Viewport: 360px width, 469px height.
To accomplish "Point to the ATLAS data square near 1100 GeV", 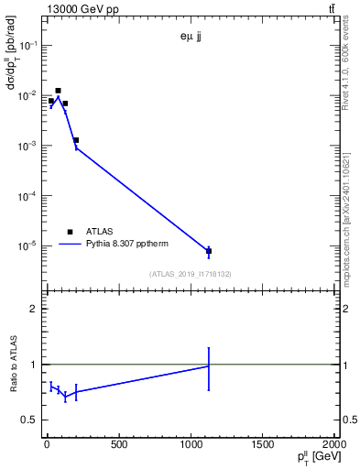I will click(209, 251).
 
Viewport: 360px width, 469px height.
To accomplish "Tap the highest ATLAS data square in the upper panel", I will click(58, 91).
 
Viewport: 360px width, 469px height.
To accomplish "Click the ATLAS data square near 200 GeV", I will click(76, 140).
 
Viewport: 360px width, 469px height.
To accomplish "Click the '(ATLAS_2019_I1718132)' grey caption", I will click(191, 274).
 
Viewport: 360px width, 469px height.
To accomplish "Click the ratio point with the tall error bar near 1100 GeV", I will click(209, 365).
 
